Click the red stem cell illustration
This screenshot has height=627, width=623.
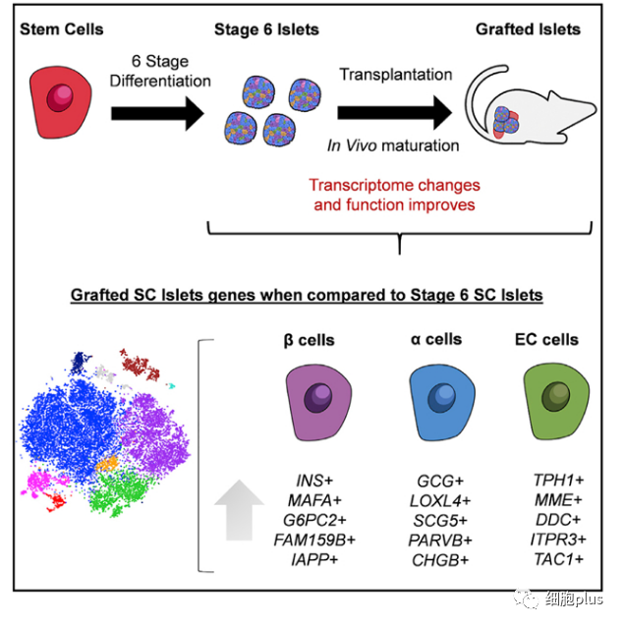tap(60, 102)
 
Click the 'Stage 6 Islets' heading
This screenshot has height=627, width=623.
tap(266, 29)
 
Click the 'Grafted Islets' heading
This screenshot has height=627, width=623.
tap(528, 29)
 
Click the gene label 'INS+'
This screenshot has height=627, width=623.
tap(315, 481)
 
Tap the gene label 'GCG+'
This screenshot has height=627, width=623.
tap(439, 481)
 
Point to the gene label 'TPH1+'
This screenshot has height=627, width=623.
tap(557, 481)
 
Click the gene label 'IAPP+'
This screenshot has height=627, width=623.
tap(315, 559)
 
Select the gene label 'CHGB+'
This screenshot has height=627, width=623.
tap(439, 559)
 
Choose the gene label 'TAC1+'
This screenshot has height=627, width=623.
tap(557, 559)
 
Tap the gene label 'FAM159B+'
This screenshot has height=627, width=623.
tap(315, 540)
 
